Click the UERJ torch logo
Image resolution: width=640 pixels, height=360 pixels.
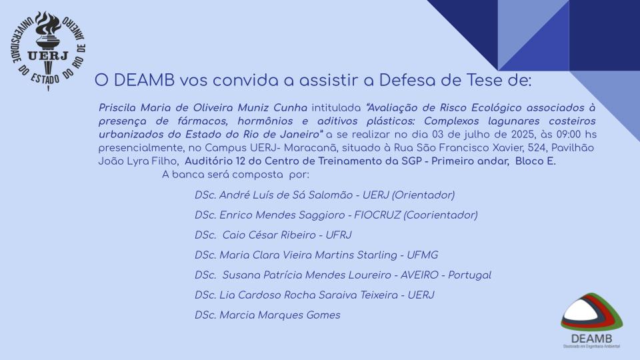point(48,51)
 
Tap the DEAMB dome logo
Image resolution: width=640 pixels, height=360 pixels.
point(591,321)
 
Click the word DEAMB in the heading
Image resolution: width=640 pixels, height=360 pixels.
point(145,81)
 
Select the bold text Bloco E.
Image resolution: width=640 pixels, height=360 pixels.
point(535,161)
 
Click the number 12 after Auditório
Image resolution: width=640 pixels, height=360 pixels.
point(241,161)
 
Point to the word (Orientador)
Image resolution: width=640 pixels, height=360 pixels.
point(423,195)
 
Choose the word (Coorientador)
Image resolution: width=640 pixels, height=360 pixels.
point(441,215)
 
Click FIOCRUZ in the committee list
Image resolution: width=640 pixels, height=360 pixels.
point(377,215)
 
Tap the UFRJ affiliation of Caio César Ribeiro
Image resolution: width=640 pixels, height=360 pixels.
point(339,235)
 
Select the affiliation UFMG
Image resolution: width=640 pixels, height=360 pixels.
point(423,255)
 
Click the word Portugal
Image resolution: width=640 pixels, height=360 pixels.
point(469,275)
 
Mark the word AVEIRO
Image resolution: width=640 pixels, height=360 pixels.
point(419,275)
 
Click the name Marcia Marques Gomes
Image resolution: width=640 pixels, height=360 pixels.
point(279,315)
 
